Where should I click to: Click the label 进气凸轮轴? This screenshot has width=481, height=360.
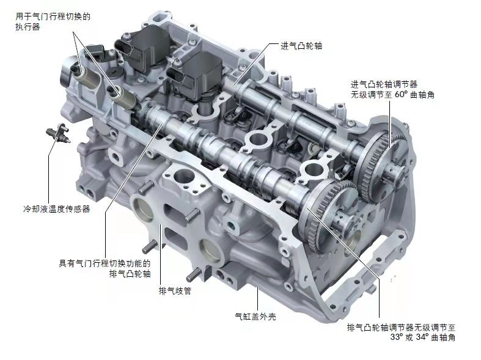(x=301, y=46)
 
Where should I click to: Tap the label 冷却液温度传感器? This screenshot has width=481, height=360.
(x=57, y=209)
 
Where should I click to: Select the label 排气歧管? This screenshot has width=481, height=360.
(x=175, y=290)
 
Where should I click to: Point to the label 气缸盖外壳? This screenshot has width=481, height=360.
(x=255, y=316)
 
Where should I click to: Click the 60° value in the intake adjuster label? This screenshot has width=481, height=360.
(x=400, y=95)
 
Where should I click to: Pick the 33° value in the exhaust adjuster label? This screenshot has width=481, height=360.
(x=397, y=337)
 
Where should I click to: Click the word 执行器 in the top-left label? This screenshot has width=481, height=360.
(x=28, y=27)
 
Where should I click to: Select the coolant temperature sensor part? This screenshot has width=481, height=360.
(x=58, y=133)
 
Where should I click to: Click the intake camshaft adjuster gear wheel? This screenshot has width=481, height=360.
(x=380, y=160)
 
